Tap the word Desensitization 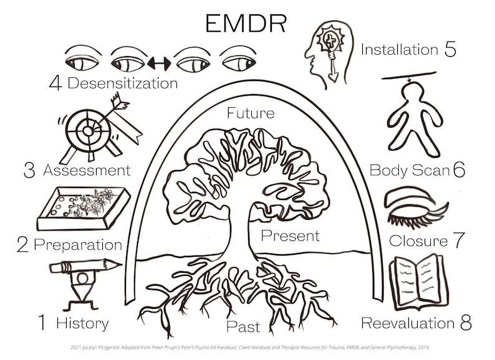[x=122, y=83]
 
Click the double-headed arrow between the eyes [x=159, y=63]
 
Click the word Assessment [x=87, y=170]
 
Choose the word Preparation [x=78, y=245]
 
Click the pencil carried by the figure [x=85, y=267]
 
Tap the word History [x=82, y=323]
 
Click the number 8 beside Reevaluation [x=466, y=323]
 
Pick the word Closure [x=418, y=241]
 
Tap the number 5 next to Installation [x=450, y=49]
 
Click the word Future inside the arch [x=250, y=113]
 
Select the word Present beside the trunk [x=290, y=236]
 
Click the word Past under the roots [x=243, y=326]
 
